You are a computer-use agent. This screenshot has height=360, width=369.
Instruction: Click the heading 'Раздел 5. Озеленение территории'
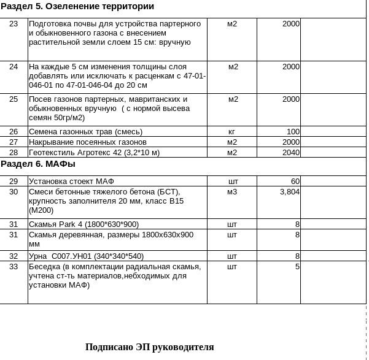(77, 7)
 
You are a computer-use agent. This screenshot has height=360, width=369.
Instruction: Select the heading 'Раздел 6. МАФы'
(38, 164)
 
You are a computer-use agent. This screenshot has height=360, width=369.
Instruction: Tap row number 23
(14, 24)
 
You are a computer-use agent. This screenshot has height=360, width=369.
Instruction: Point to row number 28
(14, 153)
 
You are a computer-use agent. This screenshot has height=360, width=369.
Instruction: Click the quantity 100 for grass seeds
(293, 132)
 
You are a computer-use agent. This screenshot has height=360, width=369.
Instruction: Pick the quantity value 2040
(290, 153)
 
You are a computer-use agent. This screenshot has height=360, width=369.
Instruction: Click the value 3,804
(289, 192)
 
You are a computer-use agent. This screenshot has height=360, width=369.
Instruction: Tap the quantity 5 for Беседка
(297, 267)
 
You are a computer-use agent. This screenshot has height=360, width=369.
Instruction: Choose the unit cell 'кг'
(231, 132)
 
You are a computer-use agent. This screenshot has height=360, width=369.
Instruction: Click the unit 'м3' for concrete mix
(231, 192)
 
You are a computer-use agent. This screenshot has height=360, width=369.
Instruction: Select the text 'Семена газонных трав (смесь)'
(85, 132)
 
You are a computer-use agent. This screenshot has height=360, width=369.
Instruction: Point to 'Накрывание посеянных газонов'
(88, 142)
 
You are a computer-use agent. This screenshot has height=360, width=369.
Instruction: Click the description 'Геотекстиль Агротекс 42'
(94, 153)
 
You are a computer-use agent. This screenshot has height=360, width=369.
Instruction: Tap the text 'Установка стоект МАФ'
(71, 182)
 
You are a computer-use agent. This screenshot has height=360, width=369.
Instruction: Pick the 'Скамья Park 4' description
(84, 224)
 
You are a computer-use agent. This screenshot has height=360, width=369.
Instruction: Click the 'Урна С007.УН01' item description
(86, 256)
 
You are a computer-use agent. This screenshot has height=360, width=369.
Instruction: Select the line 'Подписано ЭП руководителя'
(149, 347)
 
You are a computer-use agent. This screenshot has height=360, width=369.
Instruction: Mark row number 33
(14, 267)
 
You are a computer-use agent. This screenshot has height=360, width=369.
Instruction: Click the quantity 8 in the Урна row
(297, 256)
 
